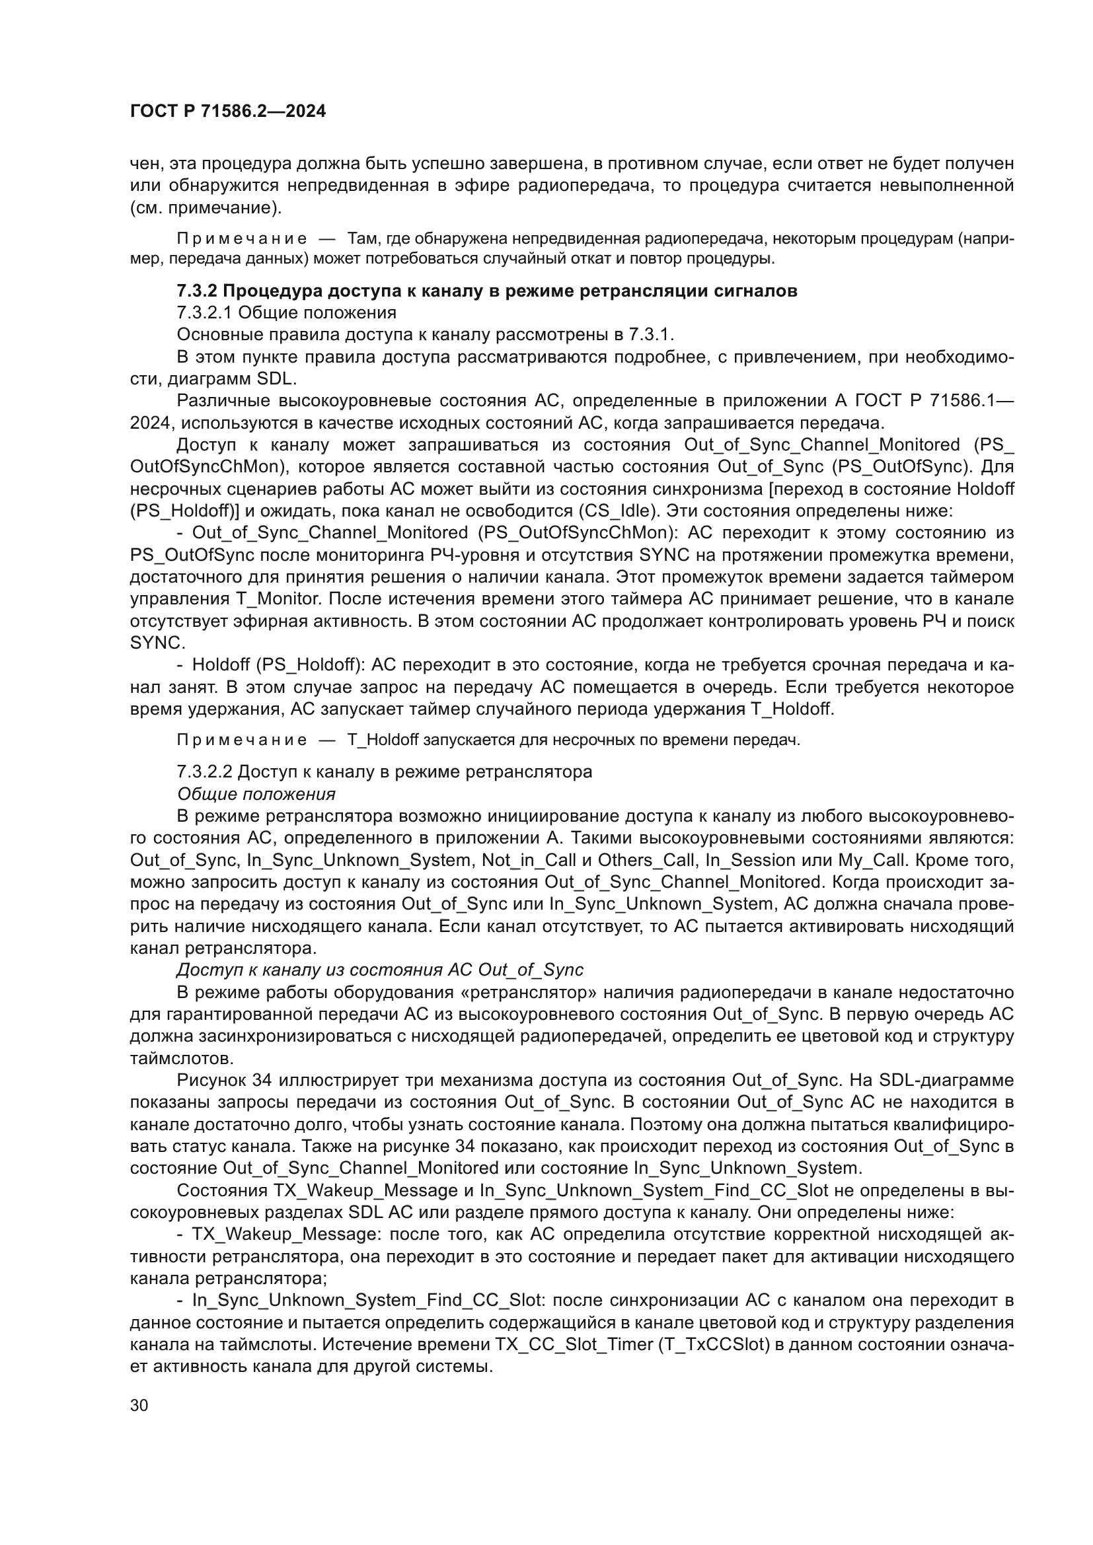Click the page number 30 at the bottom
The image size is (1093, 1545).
[139, 1406]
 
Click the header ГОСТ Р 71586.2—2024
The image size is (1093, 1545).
[227, 112]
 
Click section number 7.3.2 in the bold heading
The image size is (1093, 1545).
[197, 291]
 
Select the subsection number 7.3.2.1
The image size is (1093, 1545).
[205, 312]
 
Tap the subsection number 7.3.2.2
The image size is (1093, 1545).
[205, 771]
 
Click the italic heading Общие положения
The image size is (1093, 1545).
[256, 794]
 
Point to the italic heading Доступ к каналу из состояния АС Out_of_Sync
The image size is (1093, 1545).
[380, 970]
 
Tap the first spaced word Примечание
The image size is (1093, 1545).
[242, 238]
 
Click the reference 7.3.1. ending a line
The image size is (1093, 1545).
[651, 334]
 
